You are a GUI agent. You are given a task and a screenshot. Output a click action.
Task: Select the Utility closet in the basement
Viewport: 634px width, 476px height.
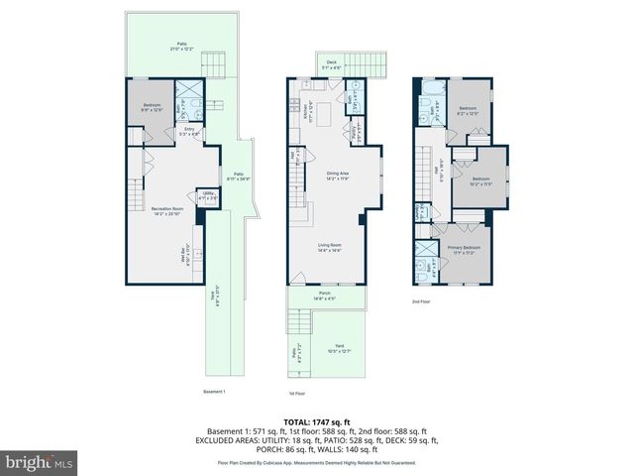point(208,197)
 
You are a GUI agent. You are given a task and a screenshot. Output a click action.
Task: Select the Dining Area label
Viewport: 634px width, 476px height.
point(339,177)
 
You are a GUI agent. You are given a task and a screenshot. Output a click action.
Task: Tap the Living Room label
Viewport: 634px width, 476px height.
point(329,249)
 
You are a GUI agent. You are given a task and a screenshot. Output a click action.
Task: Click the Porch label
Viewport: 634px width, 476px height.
point(325,296)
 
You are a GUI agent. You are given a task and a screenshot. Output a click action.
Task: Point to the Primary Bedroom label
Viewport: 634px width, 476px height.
point(466,249)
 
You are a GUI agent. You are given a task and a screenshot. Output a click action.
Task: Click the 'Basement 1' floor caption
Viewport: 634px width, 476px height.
point(215,392)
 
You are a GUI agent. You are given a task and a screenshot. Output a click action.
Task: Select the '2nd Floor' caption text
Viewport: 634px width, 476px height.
point(422,300)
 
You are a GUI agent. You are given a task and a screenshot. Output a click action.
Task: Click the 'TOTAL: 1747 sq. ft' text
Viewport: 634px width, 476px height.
point(317,422)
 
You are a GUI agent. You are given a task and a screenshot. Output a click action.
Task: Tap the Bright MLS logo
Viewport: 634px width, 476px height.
point(40,462)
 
